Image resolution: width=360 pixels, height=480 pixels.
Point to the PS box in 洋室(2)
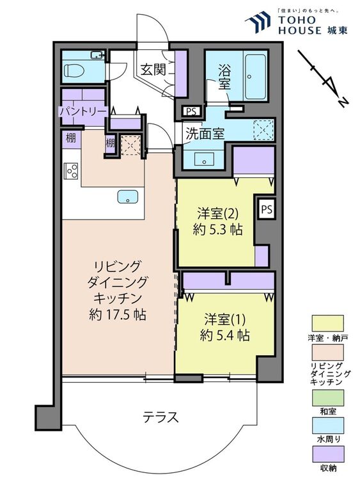point(266,209)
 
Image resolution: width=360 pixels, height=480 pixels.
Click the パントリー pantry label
point(82,111)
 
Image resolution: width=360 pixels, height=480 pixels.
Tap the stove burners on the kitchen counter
point(70,171)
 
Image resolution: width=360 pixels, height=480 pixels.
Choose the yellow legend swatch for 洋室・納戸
point(327,322)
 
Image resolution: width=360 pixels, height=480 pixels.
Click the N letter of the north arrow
point(343,102)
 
